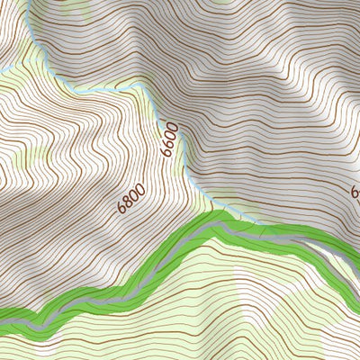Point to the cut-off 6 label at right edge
click(355, 193)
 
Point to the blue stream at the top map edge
click(29, 3)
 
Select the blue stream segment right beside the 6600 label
click(184, 144)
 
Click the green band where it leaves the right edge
click(356, 247)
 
